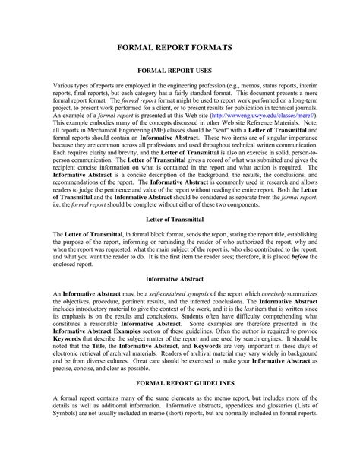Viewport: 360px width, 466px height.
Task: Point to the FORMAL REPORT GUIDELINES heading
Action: (180, 403)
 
